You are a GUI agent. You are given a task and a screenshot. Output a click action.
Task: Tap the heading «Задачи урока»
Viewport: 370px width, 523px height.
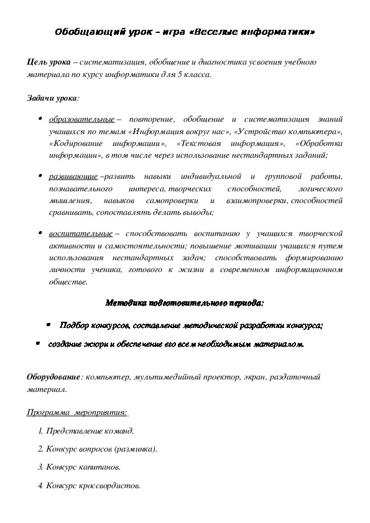(52, 98)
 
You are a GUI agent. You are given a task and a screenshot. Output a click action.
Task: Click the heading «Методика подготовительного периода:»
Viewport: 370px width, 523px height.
(185, 304)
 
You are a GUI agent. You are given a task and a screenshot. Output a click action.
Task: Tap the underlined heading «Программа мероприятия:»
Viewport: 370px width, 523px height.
(77, 412)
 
